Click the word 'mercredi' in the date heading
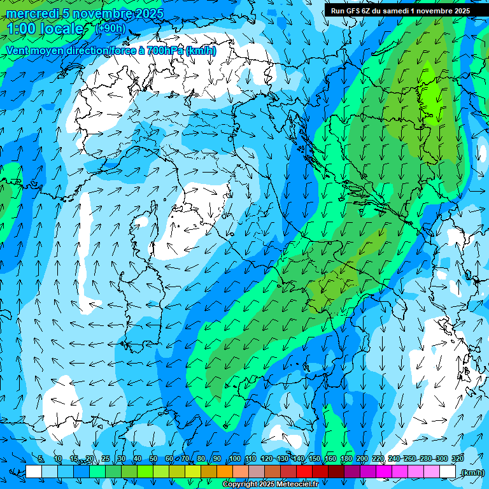(x=32, y=14)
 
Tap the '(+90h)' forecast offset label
(x=110, y=29)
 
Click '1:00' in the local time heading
(x=21, y=29)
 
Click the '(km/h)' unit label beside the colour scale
(x=472, y=472)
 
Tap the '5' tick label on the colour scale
(x=41, y=458)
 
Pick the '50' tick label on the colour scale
(x=153, y=458)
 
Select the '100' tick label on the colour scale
(x=235, y=458)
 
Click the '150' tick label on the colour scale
(x=315, y=458)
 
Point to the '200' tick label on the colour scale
(x=362, y=458)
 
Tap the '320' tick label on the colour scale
(x=457, y=458)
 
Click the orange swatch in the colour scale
(x=225, y=472)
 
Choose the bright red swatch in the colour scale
(x=304, y=472)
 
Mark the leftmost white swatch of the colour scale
(x=34, y=472)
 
